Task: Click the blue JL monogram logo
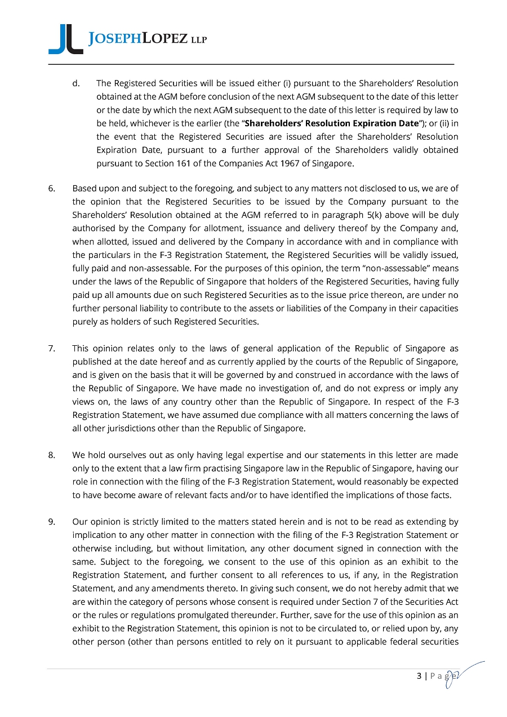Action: click(x=65, y=40)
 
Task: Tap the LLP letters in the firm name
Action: click(x=199, y=40)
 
